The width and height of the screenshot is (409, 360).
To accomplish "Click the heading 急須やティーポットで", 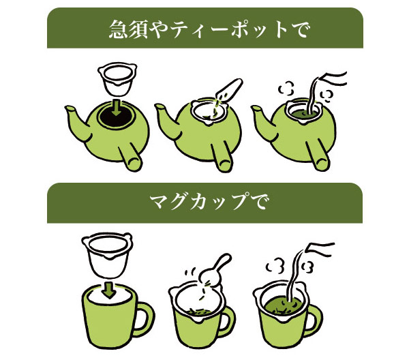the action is pos(209,29).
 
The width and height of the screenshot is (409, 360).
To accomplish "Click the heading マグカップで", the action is pos(209,202).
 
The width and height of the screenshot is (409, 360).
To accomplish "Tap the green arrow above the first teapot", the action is pos(117,108).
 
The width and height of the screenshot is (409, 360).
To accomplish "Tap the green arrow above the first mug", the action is pos(109,290).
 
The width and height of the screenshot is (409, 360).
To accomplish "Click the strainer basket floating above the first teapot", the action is pos(117,79).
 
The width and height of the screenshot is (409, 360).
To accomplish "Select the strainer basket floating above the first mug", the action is pos(107,255).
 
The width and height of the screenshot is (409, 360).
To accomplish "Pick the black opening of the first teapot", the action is pos(117,116).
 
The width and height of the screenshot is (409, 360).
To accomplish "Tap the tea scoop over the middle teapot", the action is pos(230,89).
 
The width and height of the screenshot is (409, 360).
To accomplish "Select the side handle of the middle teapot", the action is pos(222,157).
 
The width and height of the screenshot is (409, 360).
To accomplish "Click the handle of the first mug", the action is pos(144,319).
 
